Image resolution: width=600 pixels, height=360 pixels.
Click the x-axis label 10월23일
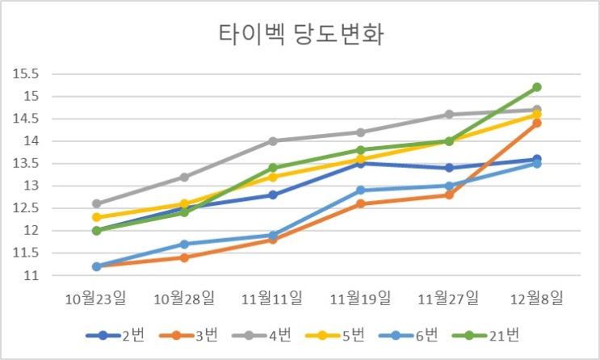coord(96,299)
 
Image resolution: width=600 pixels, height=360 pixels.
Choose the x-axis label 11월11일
coord(272,299)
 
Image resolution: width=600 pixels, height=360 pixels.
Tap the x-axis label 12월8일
coord(536,299)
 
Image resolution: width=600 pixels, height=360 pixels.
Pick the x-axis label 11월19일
coord(360,299)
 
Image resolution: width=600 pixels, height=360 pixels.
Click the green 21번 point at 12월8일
coord(536,87)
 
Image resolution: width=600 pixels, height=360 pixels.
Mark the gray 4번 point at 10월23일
coord(96,203)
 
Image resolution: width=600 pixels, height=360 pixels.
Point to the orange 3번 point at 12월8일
coord(536,123)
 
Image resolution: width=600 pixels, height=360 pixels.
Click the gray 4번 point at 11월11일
coord(272,141)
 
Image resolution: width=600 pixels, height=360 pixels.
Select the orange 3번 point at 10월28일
coord(184,257)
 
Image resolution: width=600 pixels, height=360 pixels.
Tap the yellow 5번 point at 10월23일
coord(96,217)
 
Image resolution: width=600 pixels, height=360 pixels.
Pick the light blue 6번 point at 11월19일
coord(360,190)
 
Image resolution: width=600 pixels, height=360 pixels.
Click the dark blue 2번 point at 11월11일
coord(272,195)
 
